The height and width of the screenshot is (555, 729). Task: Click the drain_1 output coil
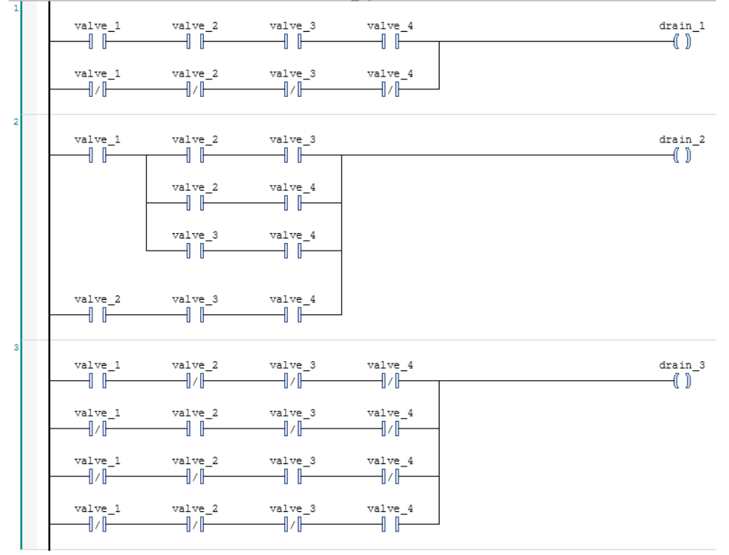pos(684,42)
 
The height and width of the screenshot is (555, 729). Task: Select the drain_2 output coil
pos(684,155)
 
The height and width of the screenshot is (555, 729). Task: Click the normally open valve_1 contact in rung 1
pos(98,42)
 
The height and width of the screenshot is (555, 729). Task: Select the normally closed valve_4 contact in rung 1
pos(390,89)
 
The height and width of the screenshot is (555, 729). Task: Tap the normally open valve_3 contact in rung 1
pos(293,42)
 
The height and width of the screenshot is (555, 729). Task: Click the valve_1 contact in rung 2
pos(98,155)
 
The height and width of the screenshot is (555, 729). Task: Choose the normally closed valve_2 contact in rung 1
pos(195,89)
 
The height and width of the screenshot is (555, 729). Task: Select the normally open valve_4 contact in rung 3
pos(390,522)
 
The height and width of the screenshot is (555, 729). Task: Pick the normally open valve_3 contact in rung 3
pos(293,475)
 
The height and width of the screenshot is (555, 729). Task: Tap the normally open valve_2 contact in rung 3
pos(195,428)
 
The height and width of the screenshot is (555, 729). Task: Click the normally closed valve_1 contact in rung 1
pos(98,89)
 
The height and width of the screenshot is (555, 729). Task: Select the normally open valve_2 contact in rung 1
pos(195,42)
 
